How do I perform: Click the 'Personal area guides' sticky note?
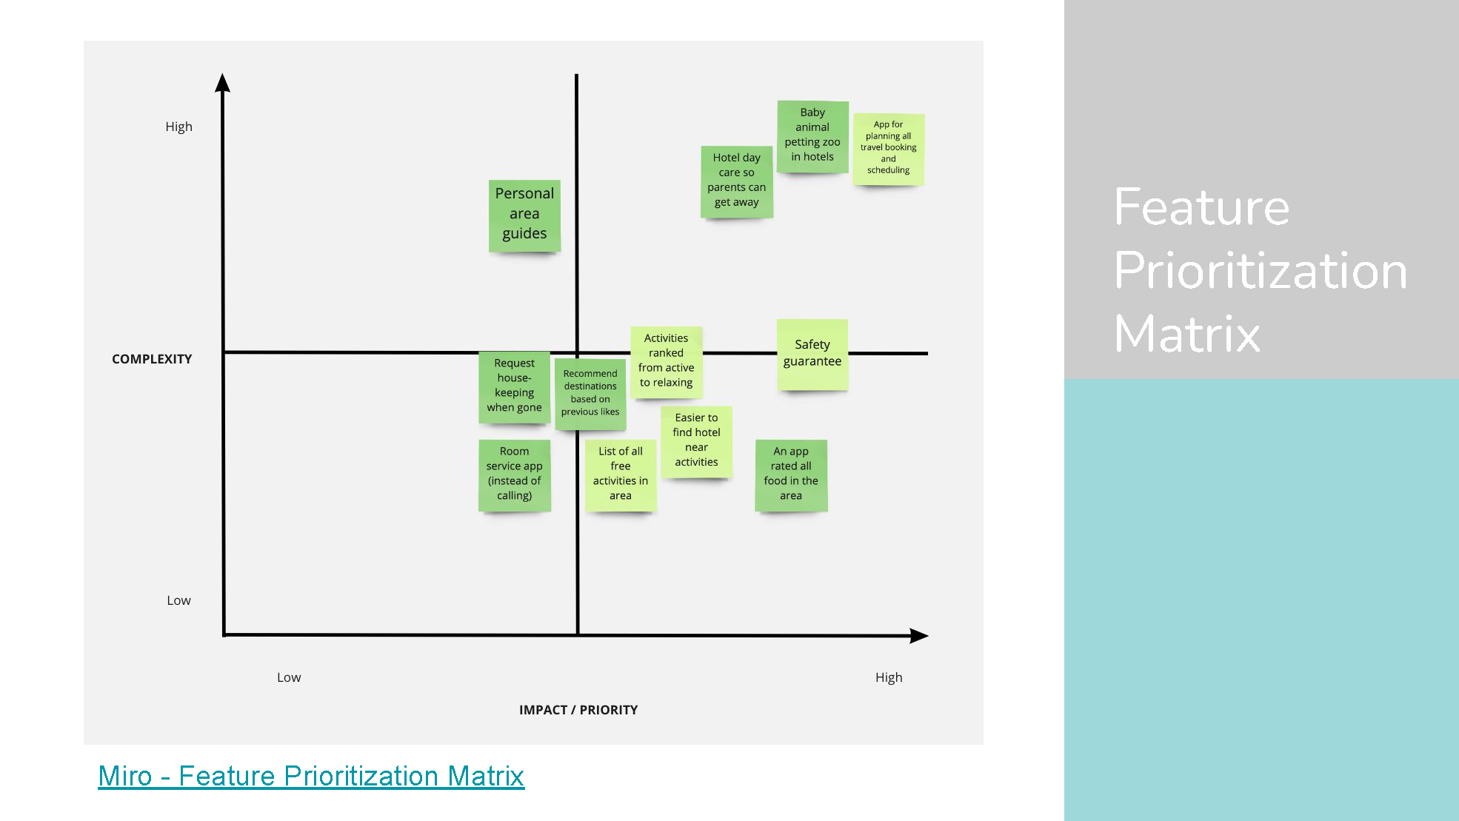[x=524, y=215]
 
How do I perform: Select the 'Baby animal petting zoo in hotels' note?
[x=812, y=136]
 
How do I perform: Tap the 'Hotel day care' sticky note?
[x=737, y=181]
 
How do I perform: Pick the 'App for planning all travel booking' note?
[x=889, y=148]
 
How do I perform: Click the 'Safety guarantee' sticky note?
[x=812, y=354]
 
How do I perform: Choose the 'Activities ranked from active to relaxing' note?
[x=667, y=361]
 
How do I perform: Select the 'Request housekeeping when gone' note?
[x=515, y=386]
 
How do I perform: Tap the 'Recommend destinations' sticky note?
[x=590, y=393]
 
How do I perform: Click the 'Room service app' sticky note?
[x=515, y=475]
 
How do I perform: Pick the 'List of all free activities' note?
[x=621, y=475]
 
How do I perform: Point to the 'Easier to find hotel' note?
[x=696, y=440]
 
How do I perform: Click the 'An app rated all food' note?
[x=791, y=475]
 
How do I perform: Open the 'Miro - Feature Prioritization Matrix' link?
[x=311, y=776]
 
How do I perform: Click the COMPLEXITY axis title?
[x=152, y=359]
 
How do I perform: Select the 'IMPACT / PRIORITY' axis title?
[x=578, y=710]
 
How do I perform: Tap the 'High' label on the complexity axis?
[x=178, y=127]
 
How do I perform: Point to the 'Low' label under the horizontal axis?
[x=289, y=677]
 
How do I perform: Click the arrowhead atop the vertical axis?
[x=222, y=83]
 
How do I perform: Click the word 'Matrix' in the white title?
[x=1186, y=334]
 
